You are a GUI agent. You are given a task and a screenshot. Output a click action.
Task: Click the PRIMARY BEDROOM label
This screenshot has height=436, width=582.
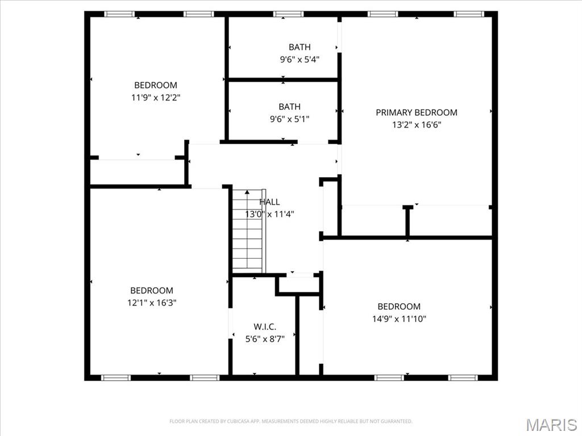(416, 112)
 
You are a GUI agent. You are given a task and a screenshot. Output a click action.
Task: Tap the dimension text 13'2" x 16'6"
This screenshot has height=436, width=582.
(416, 125)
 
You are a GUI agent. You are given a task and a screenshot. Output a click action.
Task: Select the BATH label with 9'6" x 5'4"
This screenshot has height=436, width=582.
(300, 47)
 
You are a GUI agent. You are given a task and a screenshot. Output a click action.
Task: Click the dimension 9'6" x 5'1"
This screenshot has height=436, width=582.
(289, 119)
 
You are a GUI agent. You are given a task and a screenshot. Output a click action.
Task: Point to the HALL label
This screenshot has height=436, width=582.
(269, 202)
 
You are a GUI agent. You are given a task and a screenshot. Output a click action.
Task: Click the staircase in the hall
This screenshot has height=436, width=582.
(248, 233)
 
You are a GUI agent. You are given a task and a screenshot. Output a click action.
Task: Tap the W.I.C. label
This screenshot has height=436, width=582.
(265, 326)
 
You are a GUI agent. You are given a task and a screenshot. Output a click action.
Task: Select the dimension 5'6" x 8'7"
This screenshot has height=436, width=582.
(265, 338)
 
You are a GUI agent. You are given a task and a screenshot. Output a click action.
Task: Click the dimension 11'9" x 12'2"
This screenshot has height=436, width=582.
(156, 98)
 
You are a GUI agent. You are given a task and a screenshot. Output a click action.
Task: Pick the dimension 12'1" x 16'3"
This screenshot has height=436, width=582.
(152, 303)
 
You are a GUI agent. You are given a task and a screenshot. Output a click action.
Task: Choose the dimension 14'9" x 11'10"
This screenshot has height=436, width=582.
(399, 318)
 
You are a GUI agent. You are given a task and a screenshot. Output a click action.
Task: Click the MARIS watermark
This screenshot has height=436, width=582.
(551, 425)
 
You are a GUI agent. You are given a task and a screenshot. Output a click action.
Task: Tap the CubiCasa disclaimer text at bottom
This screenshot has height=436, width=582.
(290, 421)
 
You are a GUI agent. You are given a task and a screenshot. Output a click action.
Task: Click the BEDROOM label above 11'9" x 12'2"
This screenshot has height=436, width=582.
(156, 86)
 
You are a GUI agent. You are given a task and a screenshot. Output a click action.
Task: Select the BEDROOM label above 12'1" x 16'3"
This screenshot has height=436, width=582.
(152, 291)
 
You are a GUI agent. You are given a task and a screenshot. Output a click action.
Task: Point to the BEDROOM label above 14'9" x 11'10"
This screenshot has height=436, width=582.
(399, 307)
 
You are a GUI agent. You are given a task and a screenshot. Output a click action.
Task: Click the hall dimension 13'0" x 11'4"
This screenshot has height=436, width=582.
(269, 214)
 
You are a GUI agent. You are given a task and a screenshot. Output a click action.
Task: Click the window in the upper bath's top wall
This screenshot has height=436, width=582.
(288, 14)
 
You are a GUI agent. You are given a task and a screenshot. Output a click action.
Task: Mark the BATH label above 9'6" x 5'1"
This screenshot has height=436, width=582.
(289, 107)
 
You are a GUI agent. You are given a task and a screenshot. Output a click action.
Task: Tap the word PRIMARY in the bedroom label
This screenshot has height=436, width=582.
(394, 112)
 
